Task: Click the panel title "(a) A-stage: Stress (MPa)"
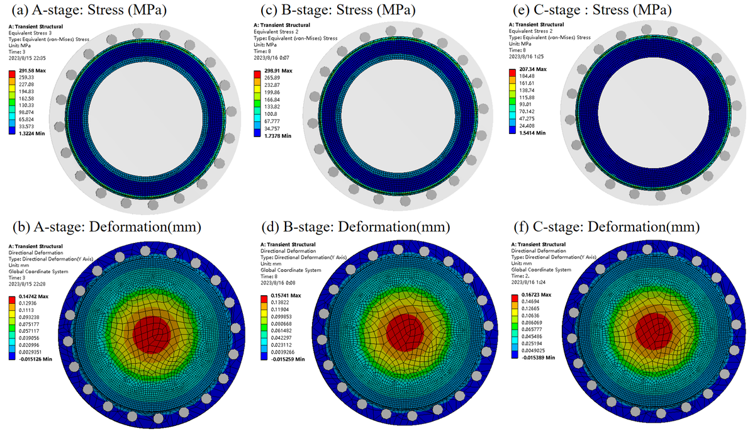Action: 86,10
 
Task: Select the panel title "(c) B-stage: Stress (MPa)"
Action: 339,10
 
